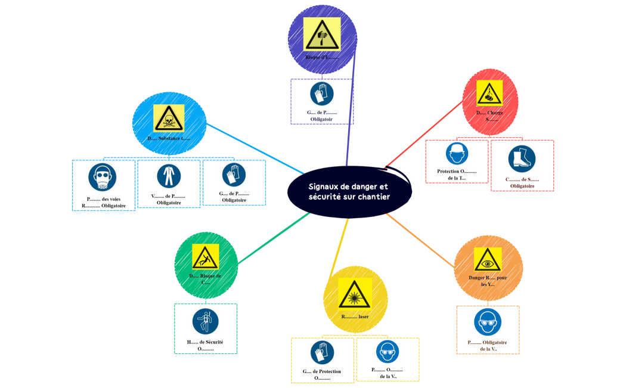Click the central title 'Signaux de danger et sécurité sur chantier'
coord(349,191)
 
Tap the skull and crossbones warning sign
coord(169,118)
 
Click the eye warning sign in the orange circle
coord(488,260)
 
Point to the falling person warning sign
coord(205,257)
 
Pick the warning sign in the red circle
coord(489,93)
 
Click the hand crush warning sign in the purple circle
coord(322,35)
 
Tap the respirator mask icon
coord(103,178)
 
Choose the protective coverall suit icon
coord(169,176)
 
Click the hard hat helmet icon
coord(457,154)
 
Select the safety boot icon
coord(522,159)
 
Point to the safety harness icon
coord(206,321)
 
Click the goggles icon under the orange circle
coord(488,322)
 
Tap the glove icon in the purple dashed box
coord(322,94)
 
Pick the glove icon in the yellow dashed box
coord(322,353)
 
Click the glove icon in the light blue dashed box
coord(234,175)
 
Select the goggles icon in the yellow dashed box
coord(388,352)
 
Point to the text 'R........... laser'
coord(355,316)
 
